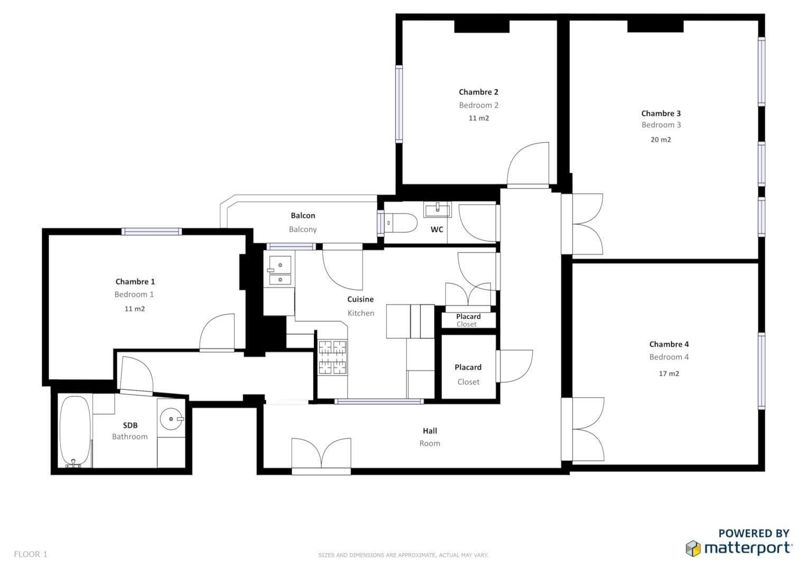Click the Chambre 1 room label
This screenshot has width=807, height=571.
(135, 281)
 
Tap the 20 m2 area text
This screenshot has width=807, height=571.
(661, 140)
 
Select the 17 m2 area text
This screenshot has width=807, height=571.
(669, 373)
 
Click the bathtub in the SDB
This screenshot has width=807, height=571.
(75, 431)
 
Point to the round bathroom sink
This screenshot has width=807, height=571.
(171, 419)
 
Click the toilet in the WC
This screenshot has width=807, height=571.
(400, 223)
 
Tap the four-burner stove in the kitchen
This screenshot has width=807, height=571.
(332, 357)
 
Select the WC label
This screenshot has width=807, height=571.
(437, 229)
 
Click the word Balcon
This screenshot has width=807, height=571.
(303, 216)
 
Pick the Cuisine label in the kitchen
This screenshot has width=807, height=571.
(360, 299)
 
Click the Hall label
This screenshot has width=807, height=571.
(430, 431)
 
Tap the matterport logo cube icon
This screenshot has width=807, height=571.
(693, 549)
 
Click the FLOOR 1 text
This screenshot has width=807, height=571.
(31, 555)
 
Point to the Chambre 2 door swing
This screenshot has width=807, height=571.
(528, 164)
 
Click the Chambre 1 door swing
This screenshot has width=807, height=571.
(217, 331)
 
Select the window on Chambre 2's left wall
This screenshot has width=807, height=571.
(399, 104)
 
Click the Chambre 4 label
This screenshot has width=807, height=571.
(669, 344)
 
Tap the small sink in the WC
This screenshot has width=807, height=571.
(438, 209)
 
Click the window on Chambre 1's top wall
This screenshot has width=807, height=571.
(151, 232)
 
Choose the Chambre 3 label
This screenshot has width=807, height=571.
(661, 114)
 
